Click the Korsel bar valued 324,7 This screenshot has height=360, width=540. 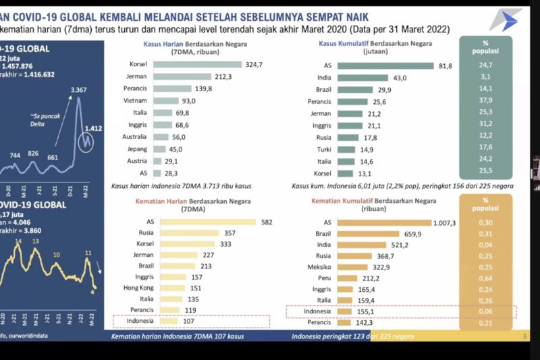point(197,65)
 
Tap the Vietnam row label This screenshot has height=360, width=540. point(137,101)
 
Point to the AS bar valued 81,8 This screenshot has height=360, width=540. point(394,66)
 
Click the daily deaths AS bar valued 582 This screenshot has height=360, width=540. point(205,222)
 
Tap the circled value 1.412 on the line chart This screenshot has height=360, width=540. point(93,128)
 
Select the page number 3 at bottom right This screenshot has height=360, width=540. point(524,336)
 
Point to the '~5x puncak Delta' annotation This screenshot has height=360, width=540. point(46,121)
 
